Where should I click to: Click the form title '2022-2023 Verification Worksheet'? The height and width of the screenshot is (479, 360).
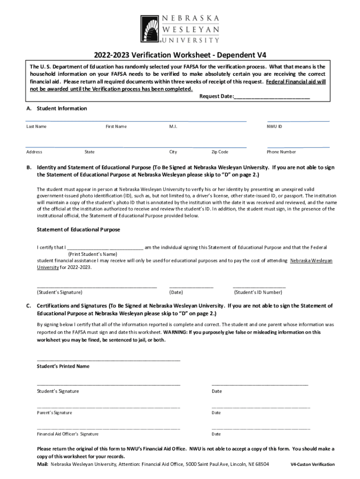(x=180, y=54)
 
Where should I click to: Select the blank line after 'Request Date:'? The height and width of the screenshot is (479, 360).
(x=272, y=97)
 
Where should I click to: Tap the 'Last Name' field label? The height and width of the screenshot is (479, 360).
(x=36, y=126)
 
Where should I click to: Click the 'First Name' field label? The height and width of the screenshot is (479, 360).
(x=116, y=126)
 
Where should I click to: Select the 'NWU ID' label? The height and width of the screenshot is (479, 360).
(x=274, y=126)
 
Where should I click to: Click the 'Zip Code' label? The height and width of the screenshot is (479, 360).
(x=220, y=152)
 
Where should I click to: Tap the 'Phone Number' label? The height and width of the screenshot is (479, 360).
(x=281, y=152)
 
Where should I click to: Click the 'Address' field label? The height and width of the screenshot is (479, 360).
(x=34, y=152)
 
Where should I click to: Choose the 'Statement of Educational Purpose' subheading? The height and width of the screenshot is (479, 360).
(x=78, y=230)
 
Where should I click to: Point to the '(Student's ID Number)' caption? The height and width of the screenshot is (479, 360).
(x=258, y=292)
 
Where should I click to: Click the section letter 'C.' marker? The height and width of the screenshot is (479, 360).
(x=29, y=306)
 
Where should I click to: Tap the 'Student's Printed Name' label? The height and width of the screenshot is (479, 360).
(x=63, y=366)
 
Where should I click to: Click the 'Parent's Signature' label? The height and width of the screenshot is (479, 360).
(x=54, y=413)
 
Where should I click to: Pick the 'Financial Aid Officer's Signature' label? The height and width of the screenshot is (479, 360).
(x=67, y=434)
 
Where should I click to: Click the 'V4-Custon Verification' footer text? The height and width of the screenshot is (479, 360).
(x=312, y=464)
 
